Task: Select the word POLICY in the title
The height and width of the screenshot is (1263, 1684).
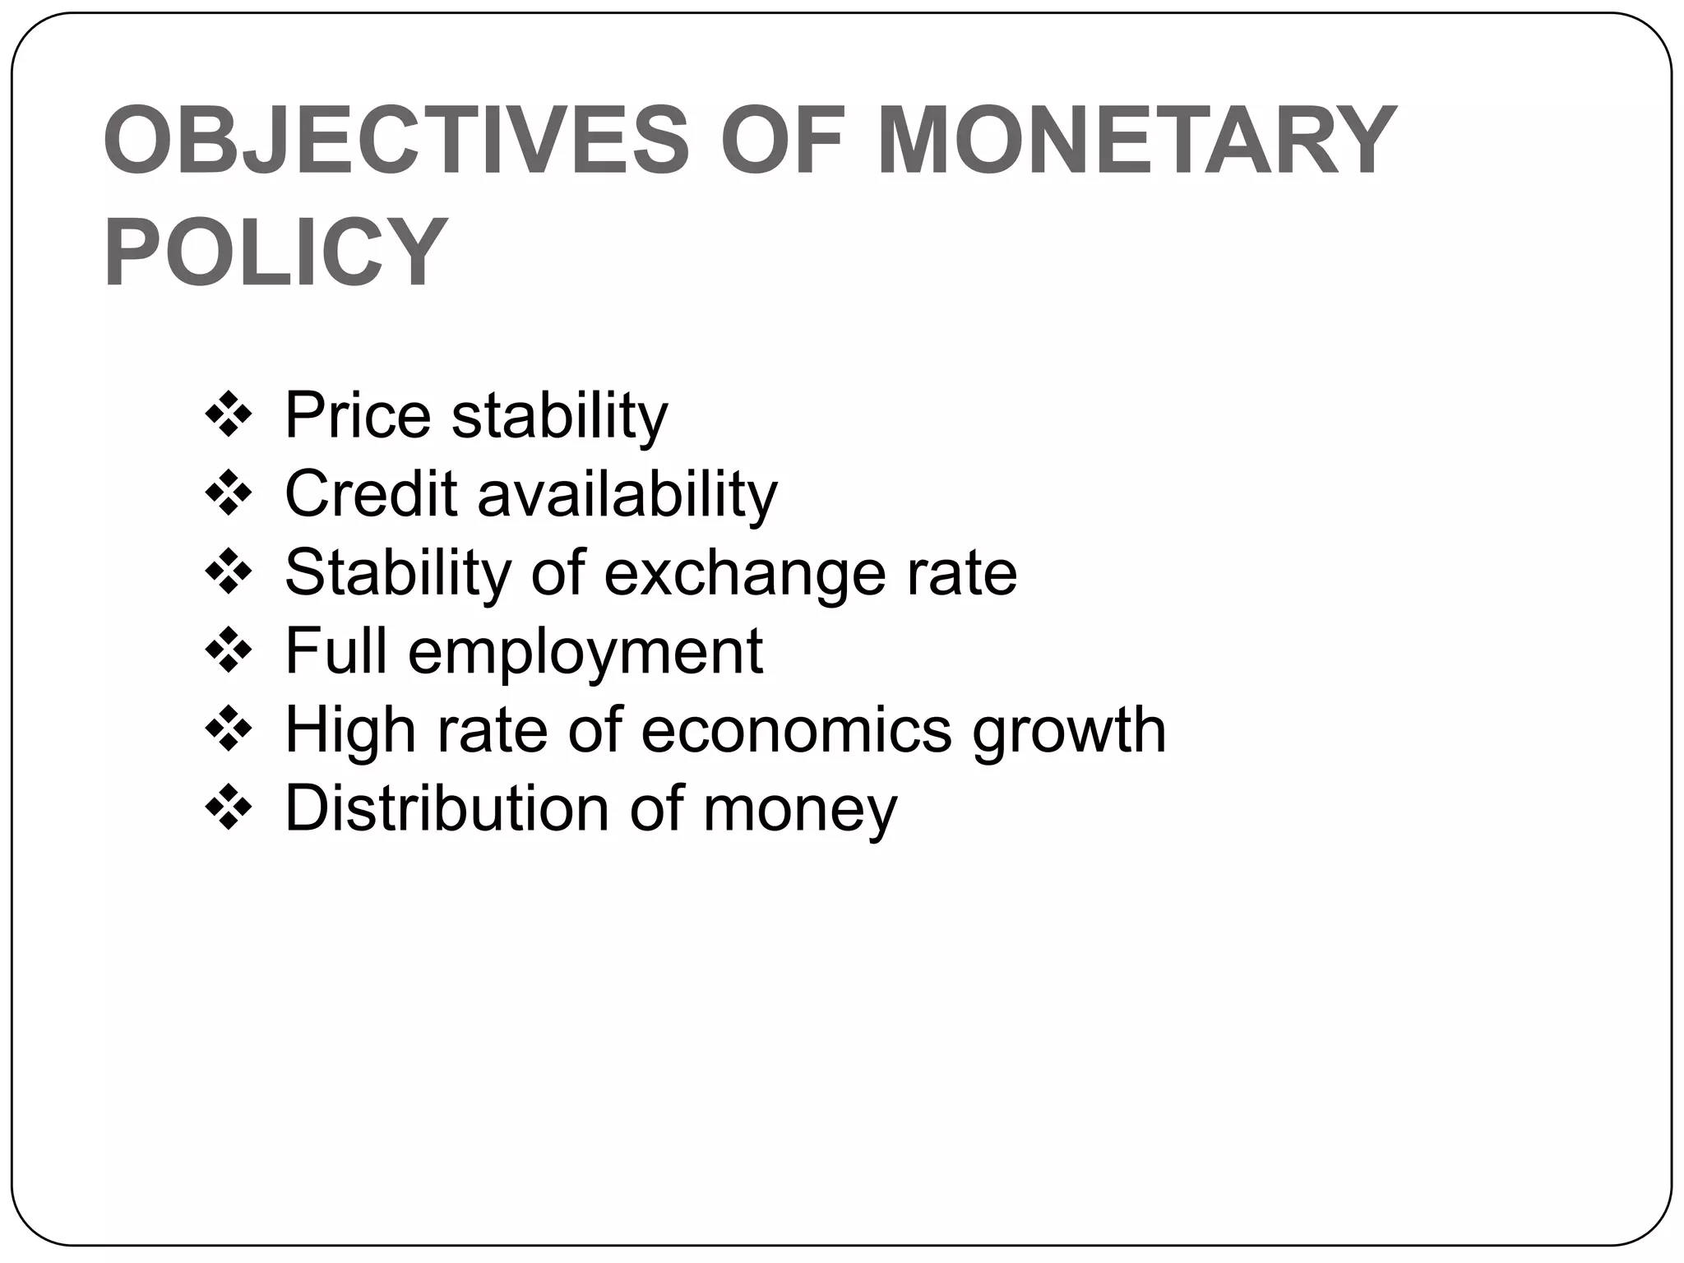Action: pos(276,252)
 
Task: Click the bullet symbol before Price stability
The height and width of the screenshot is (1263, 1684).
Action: pos(228,416)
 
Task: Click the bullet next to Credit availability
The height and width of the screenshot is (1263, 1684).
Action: pos(228,495)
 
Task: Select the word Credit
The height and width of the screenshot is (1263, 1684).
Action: pos(371,495)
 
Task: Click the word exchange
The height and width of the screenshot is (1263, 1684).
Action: pos(745,574)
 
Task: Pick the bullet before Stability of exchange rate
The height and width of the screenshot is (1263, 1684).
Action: pos(228,574)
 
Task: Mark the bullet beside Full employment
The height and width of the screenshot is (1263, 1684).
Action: pos(228,652)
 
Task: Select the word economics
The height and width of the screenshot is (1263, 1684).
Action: pos(796,730)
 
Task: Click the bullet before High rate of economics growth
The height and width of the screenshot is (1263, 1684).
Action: pos(228,731)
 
